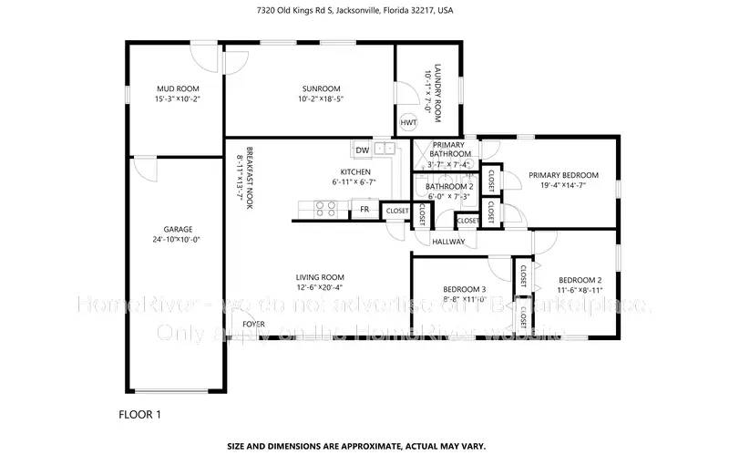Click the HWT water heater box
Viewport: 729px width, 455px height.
[407, 122]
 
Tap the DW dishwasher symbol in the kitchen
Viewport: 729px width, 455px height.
[362, 150]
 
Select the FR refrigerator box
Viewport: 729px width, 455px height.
[364, 210]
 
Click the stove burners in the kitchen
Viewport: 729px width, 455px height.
[326, 209]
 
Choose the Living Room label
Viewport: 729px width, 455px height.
[319, 277]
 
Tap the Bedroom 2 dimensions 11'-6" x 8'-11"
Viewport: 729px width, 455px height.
[580, 290]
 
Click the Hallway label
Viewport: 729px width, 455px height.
[448, 242]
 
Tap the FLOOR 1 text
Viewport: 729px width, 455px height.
[140, 414]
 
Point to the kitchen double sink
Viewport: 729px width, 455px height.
[385, 149]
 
